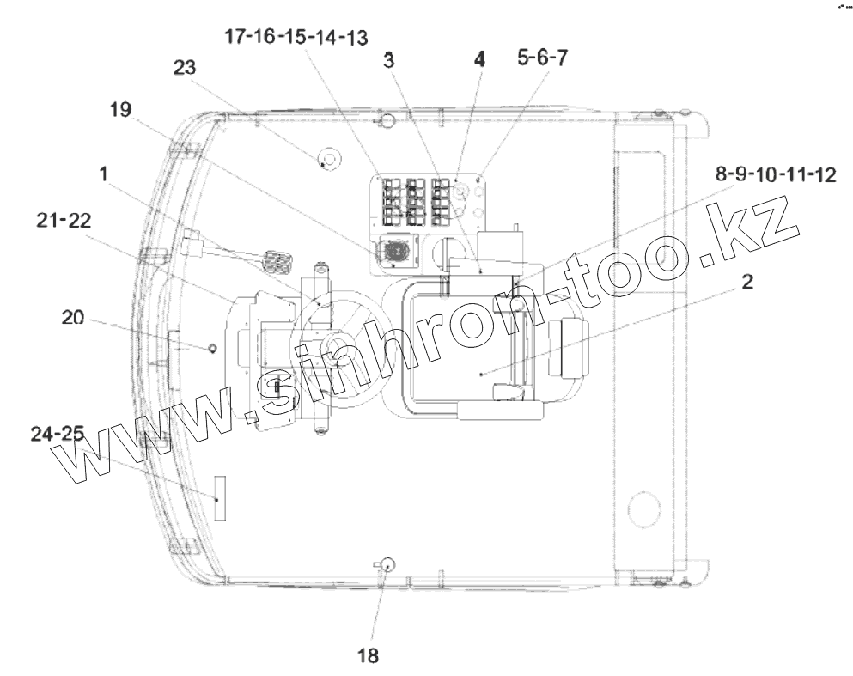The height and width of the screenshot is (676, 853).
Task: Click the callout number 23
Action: [185, 68]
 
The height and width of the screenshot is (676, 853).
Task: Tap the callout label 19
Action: [121, 109]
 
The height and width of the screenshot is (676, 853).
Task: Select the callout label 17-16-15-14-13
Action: [296, 37]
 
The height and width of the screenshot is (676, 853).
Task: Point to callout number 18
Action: [368, 655]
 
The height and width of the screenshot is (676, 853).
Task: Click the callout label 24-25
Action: [58, 434]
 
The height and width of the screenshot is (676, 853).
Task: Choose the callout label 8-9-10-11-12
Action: [775, 174]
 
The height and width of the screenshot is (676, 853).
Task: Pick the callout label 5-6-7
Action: [542, 57]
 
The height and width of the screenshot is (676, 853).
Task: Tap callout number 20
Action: [73, 317]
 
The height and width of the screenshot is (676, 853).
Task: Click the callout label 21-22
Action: [64, 220]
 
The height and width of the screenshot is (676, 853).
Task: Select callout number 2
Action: [747, 282]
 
